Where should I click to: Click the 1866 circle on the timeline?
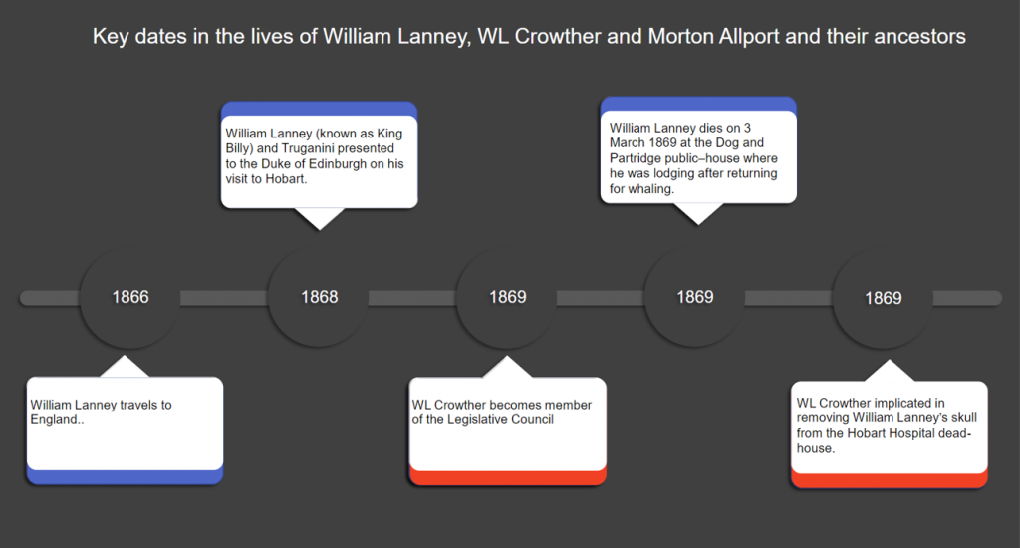click(x=129, y=297)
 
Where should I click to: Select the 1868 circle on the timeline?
click(x=319, y=297)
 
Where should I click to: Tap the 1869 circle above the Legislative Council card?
click(x=507, y=297)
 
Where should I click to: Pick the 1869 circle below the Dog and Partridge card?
click(x=695, y=297)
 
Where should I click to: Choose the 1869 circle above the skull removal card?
click(x=883, y=298)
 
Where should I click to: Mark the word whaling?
click(x=653, y=189)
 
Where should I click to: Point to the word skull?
click(x=952, y=418)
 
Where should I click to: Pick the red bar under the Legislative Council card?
click(x=508, y=477)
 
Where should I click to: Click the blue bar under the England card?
click(x=125, y=477)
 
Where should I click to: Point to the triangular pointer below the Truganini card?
click(x=318, y=218)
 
